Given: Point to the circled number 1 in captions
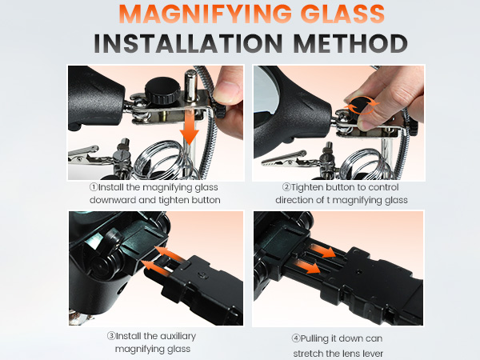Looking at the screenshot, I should tap(93, 188).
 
